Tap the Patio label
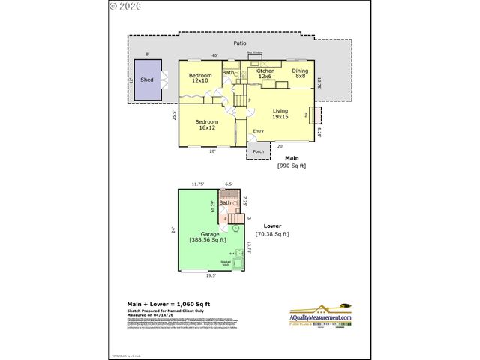(240, 44)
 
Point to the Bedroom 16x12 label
(207, 124)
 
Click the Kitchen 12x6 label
(265, 74)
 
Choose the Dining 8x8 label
(300, 74)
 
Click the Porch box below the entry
(258, 151)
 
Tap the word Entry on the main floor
(259, 133)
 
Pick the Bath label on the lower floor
(225, 202)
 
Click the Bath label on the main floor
(228, 73)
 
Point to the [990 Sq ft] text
(292, 165)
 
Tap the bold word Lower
(273, 225)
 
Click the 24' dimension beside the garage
(172, 229)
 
